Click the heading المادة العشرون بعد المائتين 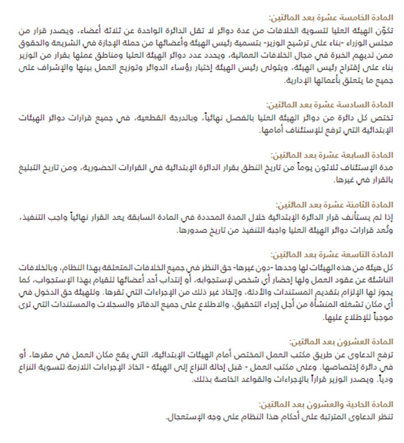[x=341, y=341]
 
